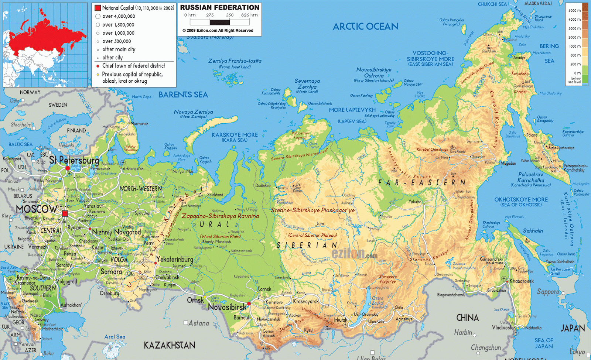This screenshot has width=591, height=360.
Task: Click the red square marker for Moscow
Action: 65,213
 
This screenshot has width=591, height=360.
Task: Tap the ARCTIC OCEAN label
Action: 365,27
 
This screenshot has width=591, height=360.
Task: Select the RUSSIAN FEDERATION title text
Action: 219,7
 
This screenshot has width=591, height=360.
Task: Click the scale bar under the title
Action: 220,23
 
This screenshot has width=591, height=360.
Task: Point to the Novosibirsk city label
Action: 227,307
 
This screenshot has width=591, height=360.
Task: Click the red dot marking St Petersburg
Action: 68,168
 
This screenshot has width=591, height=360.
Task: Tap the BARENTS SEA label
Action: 183,95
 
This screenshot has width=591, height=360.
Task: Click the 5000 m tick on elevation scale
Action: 574,11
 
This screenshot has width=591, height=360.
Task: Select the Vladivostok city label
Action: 503,328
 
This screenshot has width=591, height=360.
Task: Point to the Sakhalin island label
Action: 533,231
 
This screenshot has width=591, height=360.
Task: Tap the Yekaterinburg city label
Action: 175,259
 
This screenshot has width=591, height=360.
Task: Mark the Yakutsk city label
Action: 415,202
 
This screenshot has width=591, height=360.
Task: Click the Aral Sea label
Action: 115,337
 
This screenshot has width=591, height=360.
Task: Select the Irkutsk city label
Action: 341,320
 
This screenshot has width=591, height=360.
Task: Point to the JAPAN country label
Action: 573,328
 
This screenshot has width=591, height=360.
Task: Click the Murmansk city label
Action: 140,124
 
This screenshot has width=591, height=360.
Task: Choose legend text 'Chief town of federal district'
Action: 133,66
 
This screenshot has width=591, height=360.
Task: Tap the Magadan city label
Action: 508,164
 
